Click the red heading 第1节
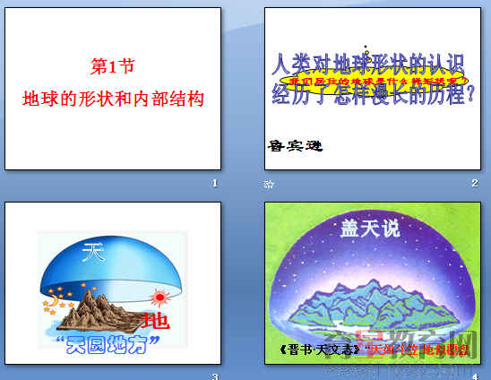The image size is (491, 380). [x=113, y=66]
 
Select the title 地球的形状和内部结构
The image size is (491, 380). [x=113, y=98]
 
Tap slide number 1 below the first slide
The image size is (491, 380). [x=215, y=184]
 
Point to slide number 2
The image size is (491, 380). [x=474, y=184]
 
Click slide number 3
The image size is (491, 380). [x=215, y=376]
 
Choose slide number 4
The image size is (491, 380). [x=474, y=376]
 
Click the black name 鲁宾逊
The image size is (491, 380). [x=294, y=144]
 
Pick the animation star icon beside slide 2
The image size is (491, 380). [x=269, y=185]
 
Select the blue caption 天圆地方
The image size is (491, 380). [x=109, y=343]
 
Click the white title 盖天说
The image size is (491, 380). [x=370, y=229]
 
